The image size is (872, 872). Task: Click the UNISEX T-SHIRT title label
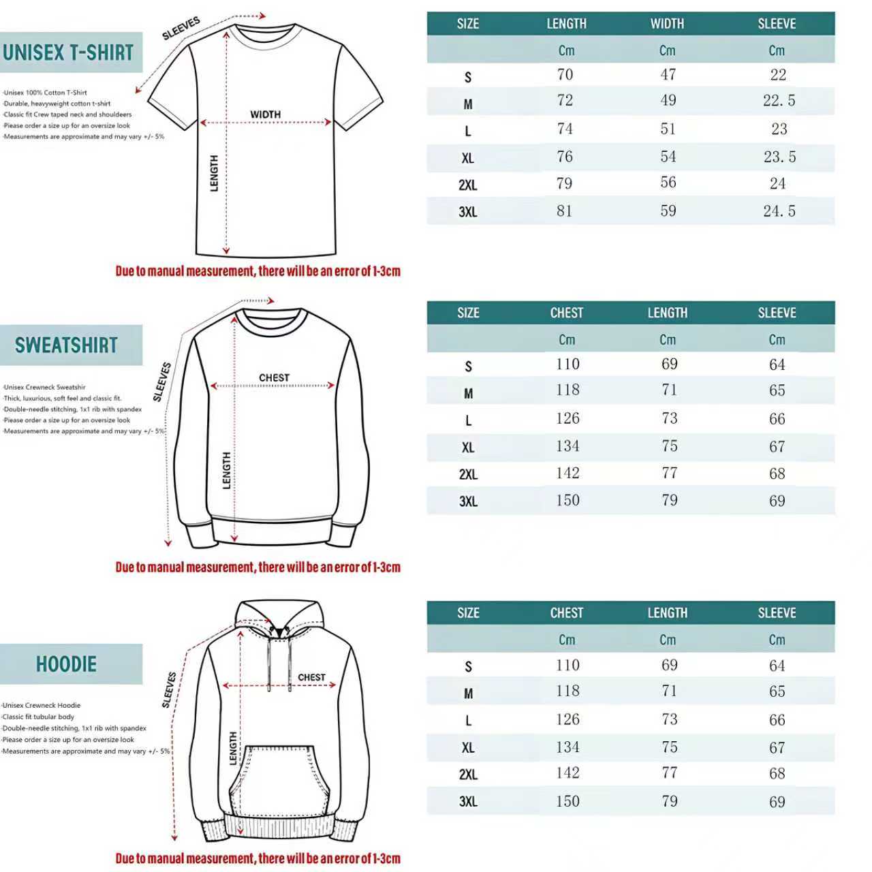(68, 52)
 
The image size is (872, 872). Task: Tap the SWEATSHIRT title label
(67, 345)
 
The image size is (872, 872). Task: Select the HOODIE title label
(67, 664)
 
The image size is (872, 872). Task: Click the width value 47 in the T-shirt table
(668, 75)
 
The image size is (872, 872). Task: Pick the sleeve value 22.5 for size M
(779, 101)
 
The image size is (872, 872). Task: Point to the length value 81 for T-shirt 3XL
(565, 211)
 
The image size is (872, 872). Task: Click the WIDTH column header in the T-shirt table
(667, 24)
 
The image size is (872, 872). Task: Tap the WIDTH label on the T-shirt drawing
(265, 114)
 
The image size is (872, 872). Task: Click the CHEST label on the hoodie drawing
(311, 677)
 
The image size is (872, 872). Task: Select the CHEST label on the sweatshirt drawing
(274, 377)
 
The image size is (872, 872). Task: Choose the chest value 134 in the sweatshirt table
(567, 446)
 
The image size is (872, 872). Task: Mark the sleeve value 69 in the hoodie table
(777, 802)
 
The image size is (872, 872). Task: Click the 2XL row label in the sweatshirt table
(468, 474)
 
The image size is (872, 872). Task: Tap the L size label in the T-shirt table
(468, 131)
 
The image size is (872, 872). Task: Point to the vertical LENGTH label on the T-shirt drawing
(215, 173)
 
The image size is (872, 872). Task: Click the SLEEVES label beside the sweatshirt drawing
(162, 381)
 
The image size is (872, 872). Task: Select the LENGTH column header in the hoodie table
(667, 613)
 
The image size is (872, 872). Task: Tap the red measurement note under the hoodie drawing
(258, 858)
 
